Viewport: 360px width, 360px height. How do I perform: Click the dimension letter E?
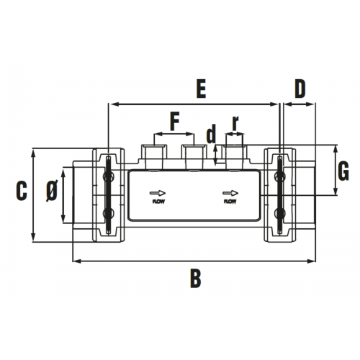click(201, 89)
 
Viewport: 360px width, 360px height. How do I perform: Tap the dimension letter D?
click(300, 89)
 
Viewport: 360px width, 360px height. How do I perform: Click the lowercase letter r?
click(235, 124)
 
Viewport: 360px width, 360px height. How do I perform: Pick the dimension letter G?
click(343, 171)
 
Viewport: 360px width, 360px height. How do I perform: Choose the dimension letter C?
click(22, 191)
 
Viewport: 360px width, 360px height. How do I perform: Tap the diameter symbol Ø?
click(52, 191)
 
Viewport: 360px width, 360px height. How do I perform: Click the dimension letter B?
click(196, 279)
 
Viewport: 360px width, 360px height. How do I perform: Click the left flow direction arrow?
click(158, 193)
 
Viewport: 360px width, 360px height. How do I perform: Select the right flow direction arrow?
click(230, 193)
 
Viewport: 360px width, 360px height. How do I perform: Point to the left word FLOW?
click(158, 202)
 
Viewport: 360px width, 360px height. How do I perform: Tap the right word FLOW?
click(230, 202)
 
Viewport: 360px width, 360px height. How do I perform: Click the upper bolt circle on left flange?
click(109, 177)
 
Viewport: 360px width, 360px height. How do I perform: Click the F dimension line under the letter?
click(174, 134)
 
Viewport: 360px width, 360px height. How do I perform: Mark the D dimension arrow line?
click(300, 104)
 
